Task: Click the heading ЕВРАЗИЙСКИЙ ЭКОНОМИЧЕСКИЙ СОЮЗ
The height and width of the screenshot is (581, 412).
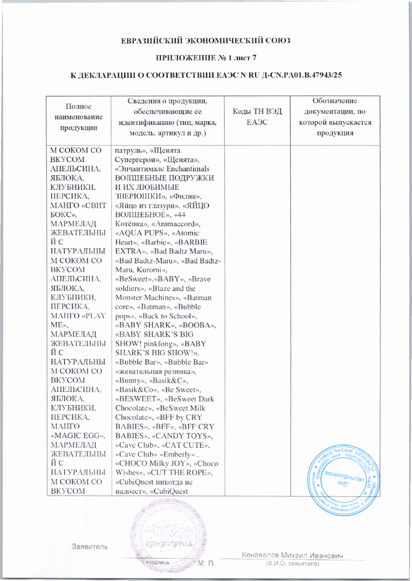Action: tap(206, 41)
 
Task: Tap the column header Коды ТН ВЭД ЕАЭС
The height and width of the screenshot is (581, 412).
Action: tap(257, 117)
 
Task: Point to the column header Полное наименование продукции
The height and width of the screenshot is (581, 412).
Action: tap(78, 117)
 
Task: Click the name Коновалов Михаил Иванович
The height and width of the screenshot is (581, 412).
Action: tap(292, 555)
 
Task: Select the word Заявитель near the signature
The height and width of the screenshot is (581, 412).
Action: tap(90, 547)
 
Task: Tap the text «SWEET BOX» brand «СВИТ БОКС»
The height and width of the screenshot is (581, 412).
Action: tap(78, 210)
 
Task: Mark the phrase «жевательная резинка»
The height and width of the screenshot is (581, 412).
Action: tap(155, 371)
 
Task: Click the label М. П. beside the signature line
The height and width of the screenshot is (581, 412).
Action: tap(206, 564)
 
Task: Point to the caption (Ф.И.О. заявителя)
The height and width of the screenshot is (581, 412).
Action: tap(292, 564)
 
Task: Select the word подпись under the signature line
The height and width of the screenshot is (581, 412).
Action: tap(158, 562)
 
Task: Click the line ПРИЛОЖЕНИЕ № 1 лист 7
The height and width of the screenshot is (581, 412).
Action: tap(206, 58)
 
